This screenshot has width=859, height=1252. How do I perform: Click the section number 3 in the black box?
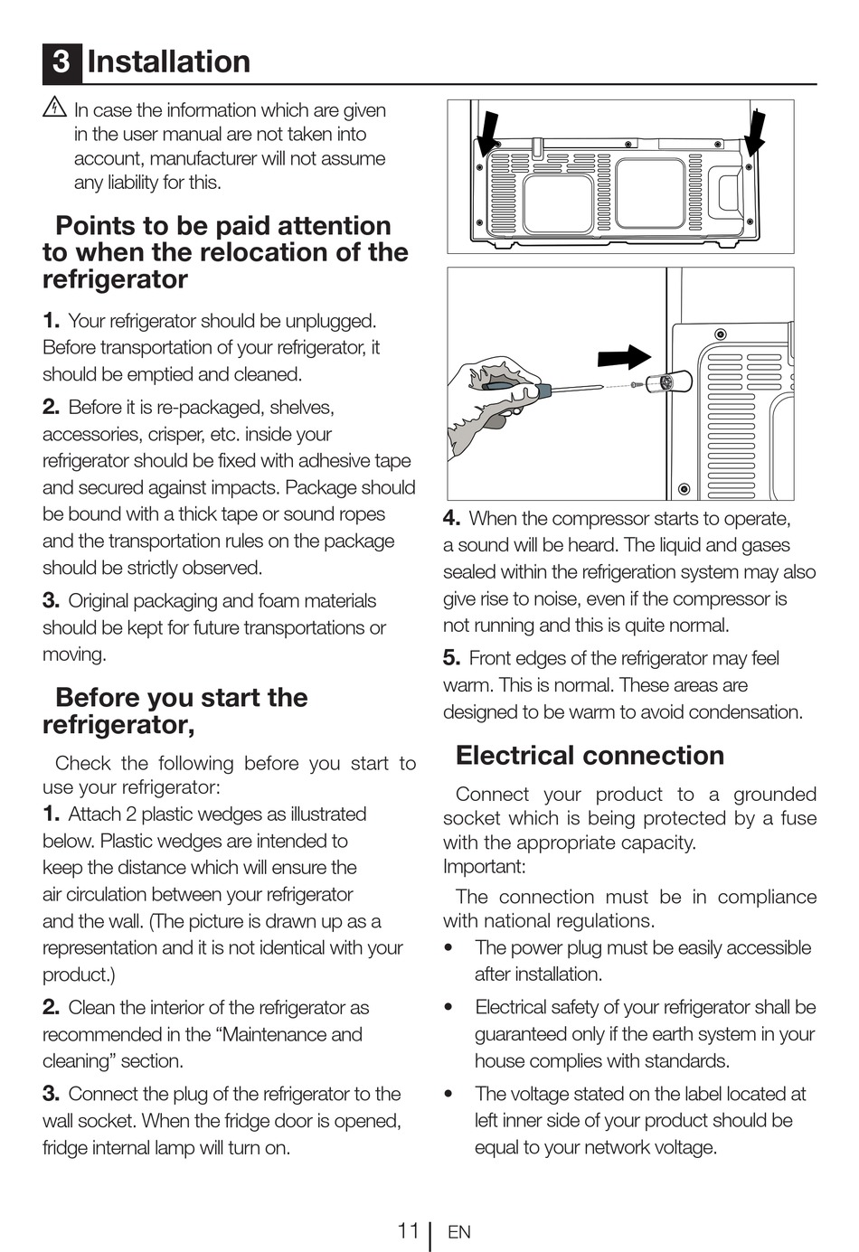pos(61,61)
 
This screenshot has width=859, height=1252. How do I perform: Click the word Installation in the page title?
pos(169,61)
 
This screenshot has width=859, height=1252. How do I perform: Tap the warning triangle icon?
pos(54,108)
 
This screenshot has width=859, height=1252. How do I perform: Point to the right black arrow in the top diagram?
pos(754,131)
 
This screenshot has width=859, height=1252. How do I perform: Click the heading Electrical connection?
pos(590,755)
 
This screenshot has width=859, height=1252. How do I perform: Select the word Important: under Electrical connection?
pos(484,867)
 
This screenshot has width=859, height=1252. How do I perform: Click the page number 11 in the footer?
pos(408,1230)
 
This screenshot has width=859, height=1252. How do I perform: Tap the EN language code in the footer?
pos(459,1232)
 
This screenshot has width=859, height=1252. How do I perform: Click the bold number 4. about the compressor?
pos(451,518)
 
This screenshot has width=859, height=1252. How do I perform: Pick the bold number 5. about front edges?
pos(451,658)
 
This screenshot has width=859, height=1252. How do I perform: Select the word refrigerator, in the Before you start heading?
pos(118,725)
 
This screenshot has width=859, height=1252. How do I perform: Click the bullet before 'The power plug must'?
pos(448,948)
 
